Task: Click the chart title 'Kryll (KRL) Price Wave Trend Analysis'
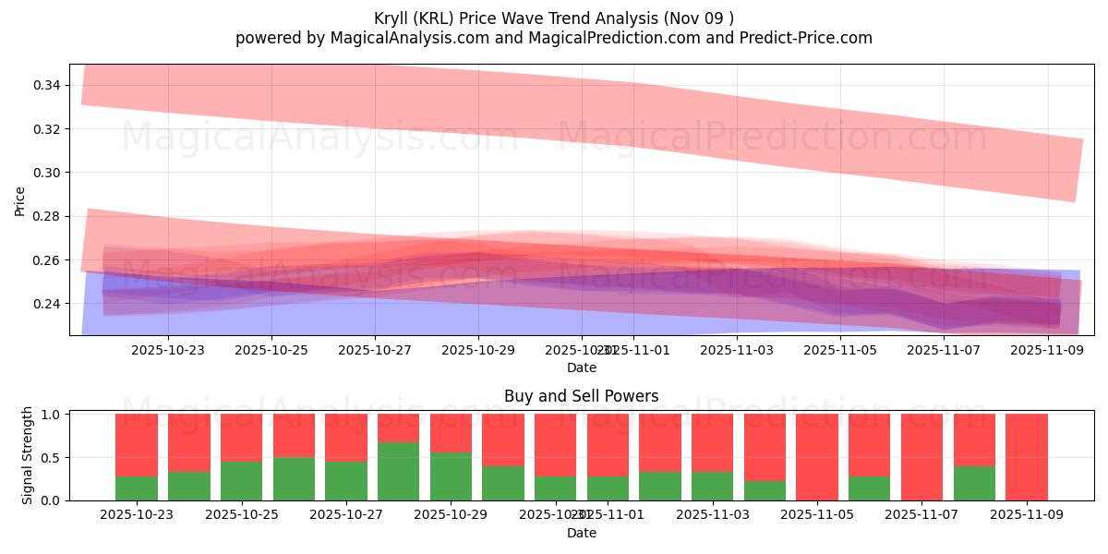point(554,18)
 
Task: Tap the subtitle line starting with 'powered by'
point(554,38)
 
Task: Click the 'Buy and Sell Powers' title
point(582,396)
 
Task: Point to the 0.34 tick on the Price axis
point(47,85)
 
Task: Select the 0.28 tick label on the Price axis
point(47,216)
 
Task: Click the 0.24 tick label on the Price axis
point(47,304)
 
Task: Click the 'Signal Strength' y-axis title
point(28,455)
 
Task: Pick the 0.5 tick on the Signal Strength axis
point(52,457)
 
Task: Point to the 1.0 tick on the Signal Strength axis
point(52,415)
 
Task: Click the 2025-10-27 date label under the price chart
point(375,350)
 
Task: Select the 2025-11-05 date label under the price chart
point(840,350)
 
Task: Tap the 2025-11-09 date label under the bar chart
point(1027,515)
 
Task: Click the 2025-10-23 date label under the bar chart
point(137,515)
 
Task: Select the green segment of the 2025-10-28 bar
point(398,471)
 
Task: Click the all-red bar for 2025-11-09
point(1027,457)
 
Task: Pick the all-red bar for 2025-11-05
point(817,457)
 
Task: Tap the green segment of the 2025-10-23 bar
point(137,488)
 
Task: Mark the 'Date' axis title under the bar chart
point(582,533)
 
